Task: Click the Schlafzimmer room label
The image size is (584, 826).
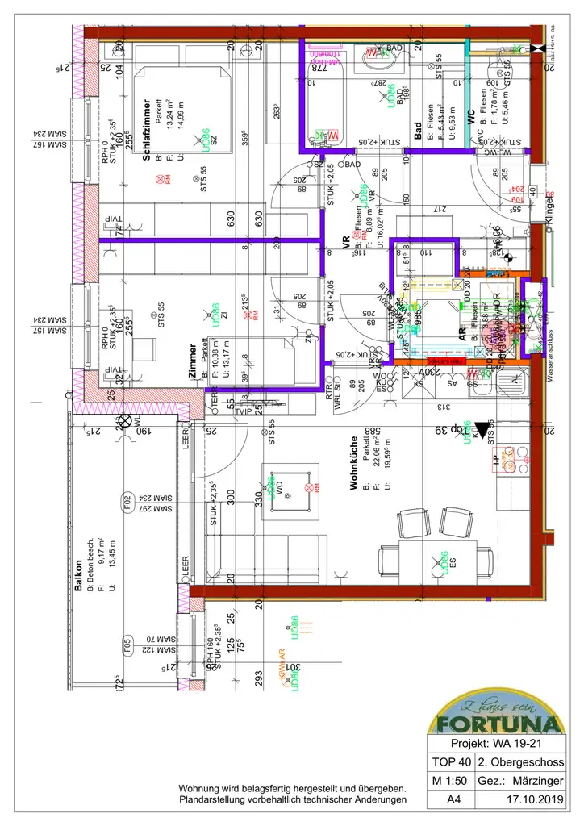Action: click(x=148, y=131)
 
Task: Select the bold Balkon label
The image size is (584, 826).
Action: click(x=78, y=578)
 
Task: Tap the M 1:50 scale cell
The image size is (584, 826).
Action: click(x=450, y=782)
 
